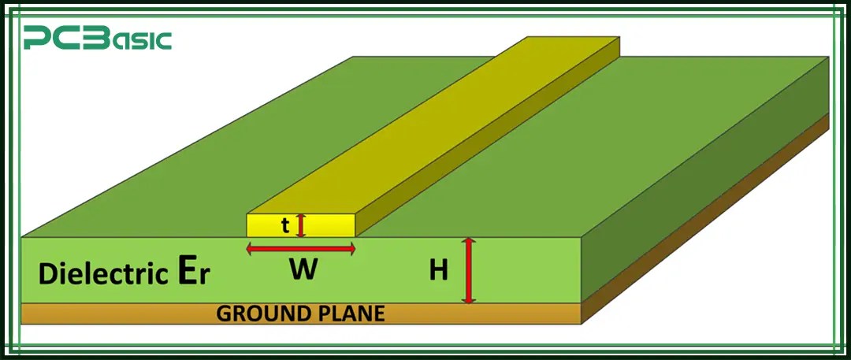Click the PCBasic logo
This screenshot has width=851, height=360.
(x=97, y=39)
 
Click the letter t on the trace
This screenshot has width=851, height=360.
(x=285, y=226)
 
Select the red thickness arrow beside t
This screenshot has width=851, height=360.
(x=300, y=225)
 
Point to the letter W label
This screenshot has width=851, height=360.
(x=303, y=270)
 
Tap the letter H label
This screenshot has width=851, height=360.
(x=439, y=271)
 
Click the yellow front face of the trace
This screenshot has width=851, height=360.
(x=268, y=226)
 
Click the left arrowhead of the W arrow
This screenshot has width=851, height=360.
(x=251, y=249)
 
